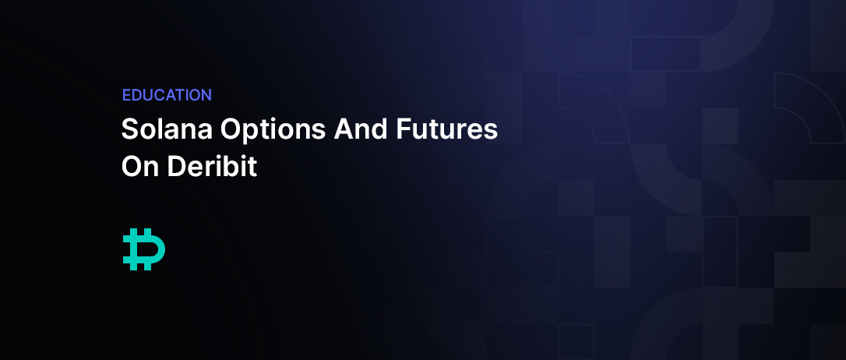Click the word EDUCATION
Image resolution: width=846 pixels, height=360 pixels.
click(x=167, y=95)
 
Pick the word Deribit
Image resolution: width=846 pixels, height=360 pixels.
click(x=212, y=166)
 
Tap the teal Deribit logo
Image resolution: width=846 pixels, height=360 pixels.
click(x=144, y=249)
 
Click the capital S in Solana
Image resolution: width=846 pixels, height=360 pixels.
click(x=131, y=129)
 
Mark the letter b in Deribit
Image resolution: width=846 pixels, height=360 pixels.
click(x=229, y=166)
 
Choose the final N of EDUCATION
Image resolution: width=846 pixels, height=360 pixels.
click(x=206, y=95)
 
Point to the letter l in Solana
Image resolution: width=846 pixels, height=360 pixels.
click(x=163, y=129)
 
